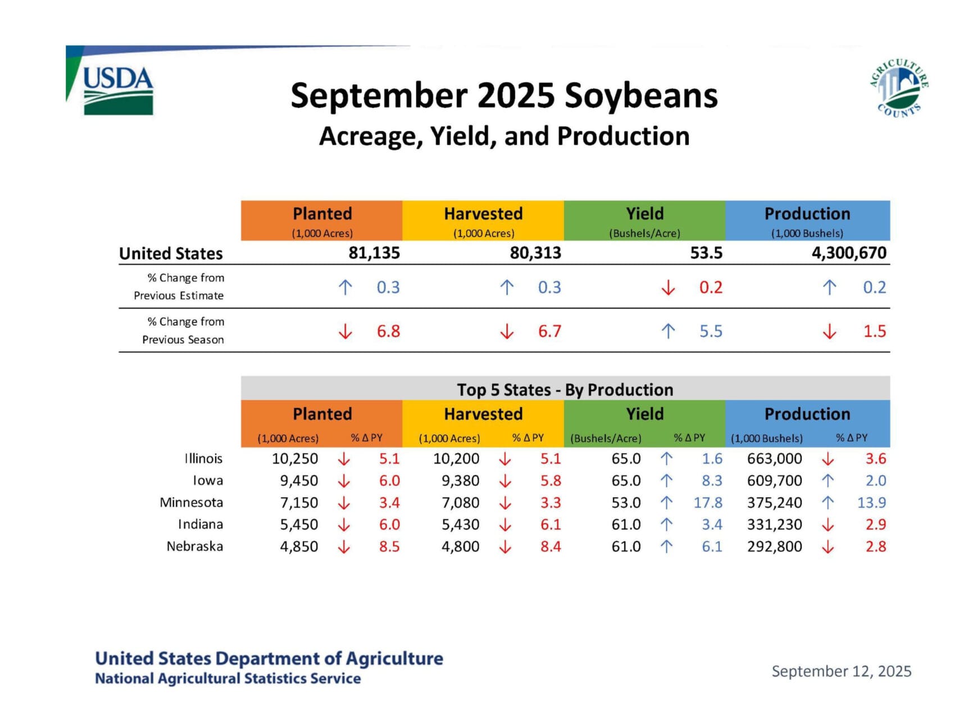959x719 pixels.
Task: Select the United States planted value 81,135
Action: tap(374, 253)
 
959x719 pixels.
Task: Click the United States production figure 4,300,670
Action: tap(849, 253)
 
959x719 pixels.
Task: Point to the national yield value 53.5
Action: tap(706, 253)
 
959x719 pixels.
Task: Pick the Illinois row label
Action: tap(203, 459)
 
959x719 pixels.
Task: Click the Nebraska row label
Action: tap(194, 547)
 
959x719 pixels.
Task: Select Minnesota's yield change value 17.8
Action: tap(708, 503)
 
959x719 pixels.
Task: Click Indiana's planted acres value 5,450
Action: tap(299, 525)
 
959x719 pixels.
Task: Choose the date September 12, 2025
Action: tap(841, 671)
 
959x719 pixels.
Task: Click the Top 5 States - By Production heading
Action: tap(565, 389)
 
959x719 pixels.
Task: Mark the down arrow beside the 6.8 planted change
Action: tap(346, 331)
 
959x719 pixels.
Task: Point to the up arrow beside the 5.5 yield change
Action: tap(668, 331)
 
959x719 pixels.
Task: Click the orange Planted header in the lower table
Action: tap(322, 415)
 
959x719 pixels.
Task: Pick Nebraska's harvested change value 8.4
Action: tap(551, 547)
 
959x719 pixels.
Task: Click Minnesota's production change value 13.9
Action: tap(871, 503)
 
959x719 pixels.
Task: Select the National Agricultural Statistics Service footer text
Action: tap(228, 679)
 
